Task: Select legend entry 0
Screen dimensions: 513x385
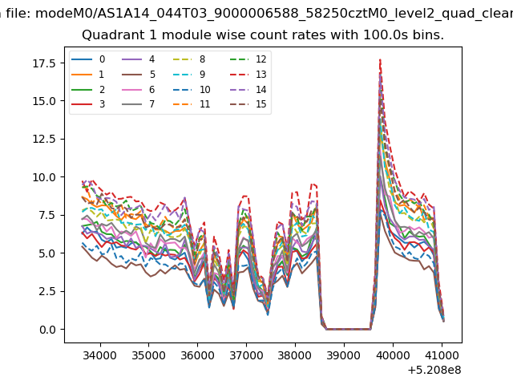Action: [88, 59]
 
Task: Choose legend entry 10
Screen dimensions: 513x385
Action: [192, 89]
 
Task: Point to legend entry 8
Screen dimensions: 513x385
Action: [189, 59]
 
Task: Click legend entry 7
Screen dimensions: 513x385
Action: [139, 104]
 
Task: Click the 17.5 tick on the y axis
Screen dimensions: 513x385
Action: [44, 63]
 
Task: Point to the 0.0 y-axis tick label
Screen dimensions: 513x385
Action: [47, 330]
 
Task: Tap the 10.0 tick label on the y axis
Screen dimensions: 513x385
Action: [44, 177]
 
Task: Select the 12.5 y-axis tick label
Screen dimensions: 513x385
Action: [44, 139]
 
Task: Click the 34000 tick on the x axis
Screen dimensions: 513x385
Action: [99, 355]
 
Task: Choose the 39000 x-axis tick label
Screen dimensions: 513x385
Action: [344, 355]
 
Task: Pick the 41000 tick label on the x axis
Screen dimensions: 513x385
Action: [442, 355]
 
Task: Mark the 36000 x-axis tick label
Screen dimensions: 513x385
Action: [197, 355]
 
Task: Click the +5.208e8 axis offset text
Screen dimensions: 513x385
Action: [434, 371]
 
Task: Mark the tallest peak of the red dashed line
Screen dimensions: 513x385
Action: [380, 59]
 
